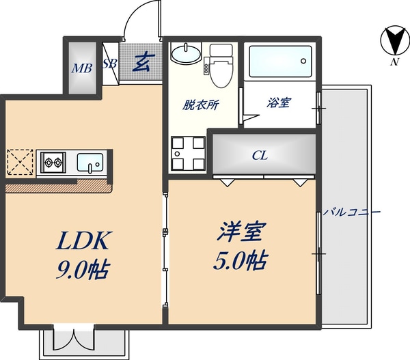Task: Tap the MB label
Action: (x=82, y=68)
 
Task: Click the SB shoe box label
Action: (x=109, y=64)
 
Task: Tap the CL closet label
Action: (x=260, y=155)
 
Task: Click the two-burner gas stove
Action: (x=52, y=163)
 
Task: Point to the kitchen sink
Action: (x=90, y=163)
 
